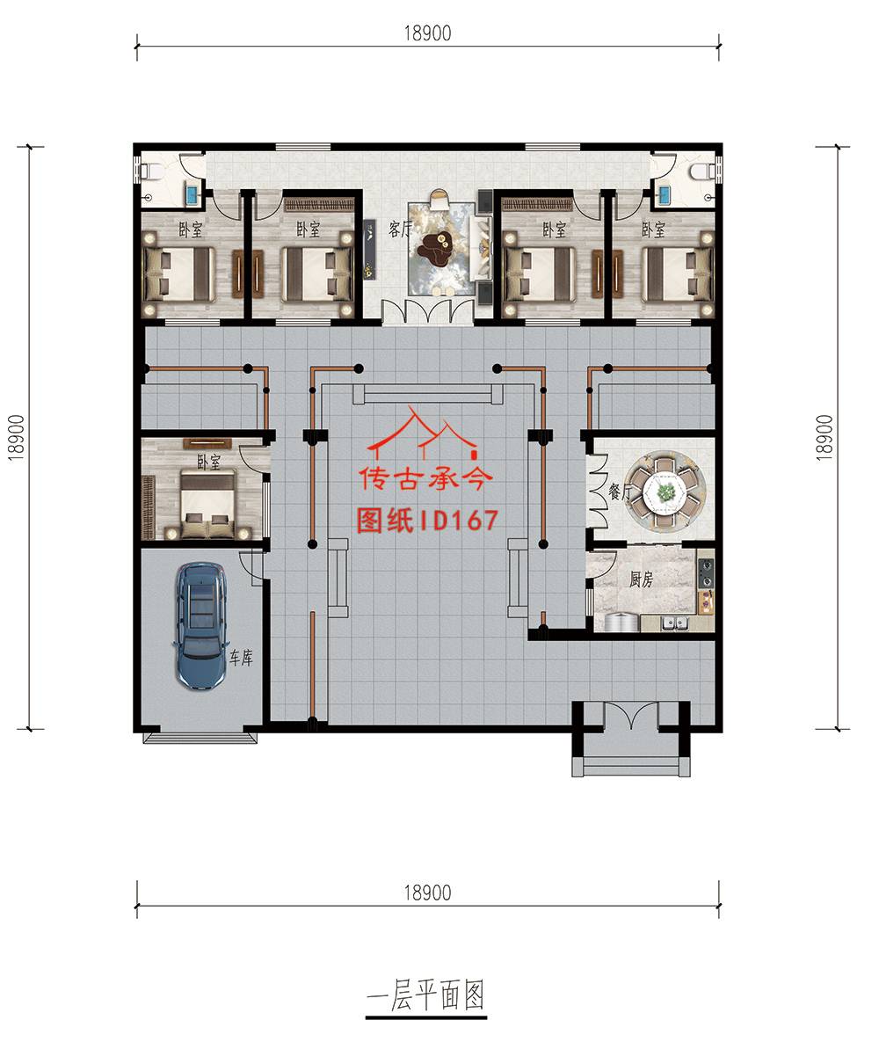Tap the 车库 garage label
[x=241, y=658]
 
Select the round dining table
[x=665, y=492]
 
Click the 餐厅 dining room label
[x=619, y=492]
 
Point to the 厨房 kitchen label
[x=641, y=579]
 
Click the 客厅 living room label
[x=400, y=230]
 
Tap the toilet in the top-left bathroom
[x=147, y=171]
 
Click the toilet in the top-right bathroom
[x=703, y=171]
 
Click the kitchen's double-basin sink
[x=673, y=623]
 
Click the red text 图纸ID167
[x=427, y=521]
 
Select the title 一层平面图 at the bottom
[x=426, y=995]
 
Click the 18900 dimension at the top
[x=427, y=33]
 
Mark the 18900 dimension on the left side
[x=16, y=437]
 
